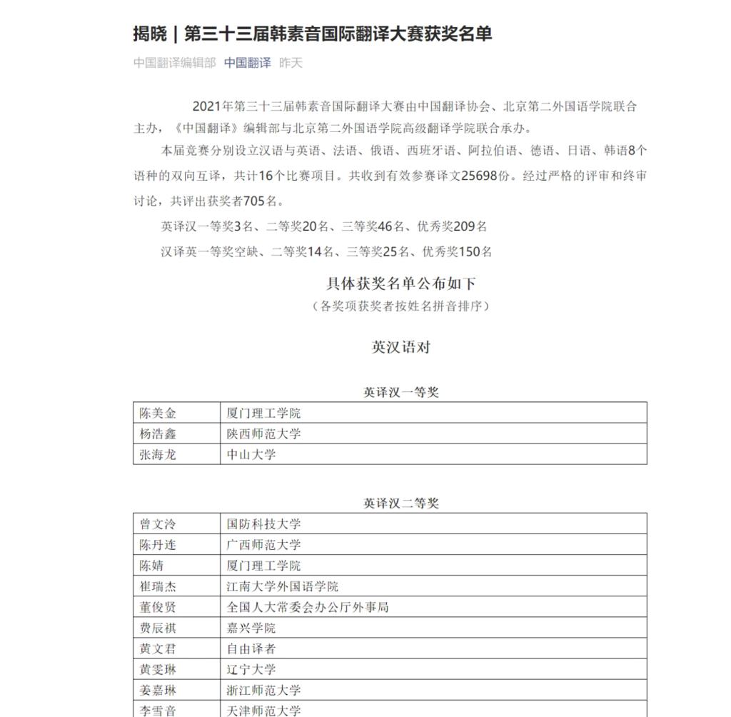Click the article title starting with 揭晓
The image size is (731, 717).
[x=312, y=34]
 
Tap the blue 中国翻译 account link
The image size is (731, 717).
[x=247, y=63]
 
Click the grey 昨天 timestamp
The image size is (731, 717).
[x=291, y=63]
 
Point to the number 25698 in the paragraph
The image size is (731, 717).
[x=479, y=176]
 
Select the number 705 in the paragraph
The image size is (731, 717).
[x=255, y=201]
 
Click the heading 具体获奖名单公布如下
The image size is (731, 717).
[x=401, y=284]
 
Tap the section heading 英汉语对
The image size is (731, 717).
[x=401, y=347]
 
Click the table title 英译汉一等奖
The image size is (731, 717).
[x=401, y=392]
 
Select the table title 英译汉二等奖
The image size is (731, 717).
[x=401, y=503]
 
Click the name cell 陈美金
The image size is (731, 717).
[x=158, y=413]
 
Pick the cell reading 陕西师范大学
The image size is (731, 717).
[x=263, y=433]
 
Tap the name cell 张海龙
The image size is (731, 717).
[x=158, y=454]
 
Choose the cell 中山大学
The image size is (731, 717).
[x=251, y=454]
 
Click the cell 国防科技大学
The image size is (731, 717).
[x=263, y=524]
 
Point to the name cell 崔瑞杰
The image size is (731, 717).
[x=158, y=586]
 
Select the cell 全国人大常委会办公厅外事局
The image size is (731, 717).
[x=308, y=607]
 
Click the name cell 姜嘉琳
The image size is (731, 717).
[x=158, y=690]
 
